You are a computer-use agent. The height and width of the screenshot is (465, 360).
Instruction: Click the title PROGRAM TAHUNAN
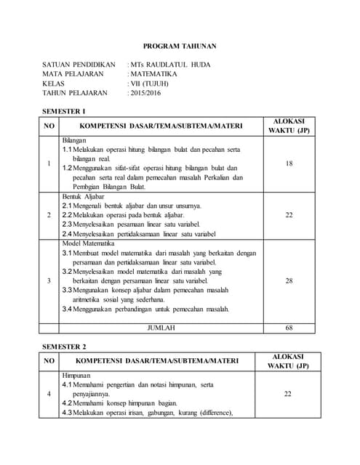(x=179, y=46)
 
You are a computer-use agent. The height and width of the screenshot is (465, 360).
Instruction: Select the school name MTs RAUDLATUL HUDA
(x=171, y=65)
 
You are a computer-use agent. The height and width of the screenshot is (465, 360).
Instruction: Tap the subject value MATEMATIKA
(x=154, y=74)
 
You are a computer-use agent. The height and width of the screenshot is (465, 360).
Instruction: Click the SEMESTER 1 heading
(x=65, y=111)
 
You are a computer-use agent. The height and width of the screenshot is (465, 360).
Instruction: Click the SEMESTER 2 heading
(x=65, y=346)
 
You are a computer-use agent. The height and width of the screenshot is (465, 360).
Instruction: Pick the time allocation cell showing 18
(x=289, y=163)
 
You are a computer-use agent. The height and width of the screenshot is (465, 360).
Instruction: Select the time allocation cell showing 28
(x=289, y=280)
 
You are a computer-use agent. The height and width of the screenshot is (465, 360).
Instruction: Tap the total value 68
(x=289, y=328)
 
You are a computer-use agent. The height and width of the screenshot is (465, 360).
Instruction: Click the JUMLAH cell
(x=161, y=328)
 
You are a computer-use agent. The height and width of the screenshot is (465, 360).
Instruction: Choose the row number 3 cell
(x=49, y=280)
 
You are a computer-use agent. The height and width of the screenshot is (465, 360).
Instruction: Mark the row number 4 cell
(x=49, y=393)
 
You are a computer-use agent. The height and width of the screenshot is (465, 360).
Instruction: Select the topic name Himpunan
(x=76, y=374)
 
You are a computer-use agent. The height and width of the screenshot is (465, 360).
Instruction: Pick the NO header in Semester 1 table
(x=49, y=126)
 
